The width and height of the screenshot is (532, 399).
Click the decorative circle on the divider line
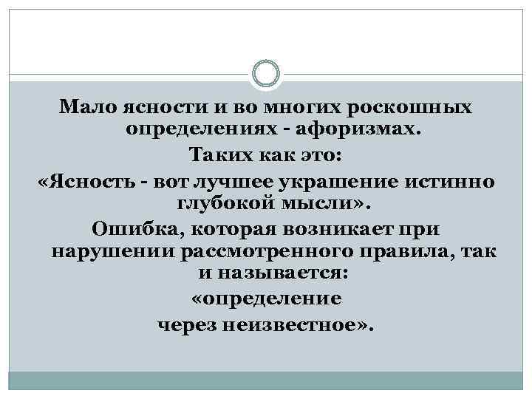tap(266, 75)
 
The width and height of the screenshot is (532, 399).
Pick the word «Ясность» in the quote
tap(86, 180)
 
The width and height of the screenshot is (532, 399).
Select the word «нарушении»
tap(113, 252)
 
